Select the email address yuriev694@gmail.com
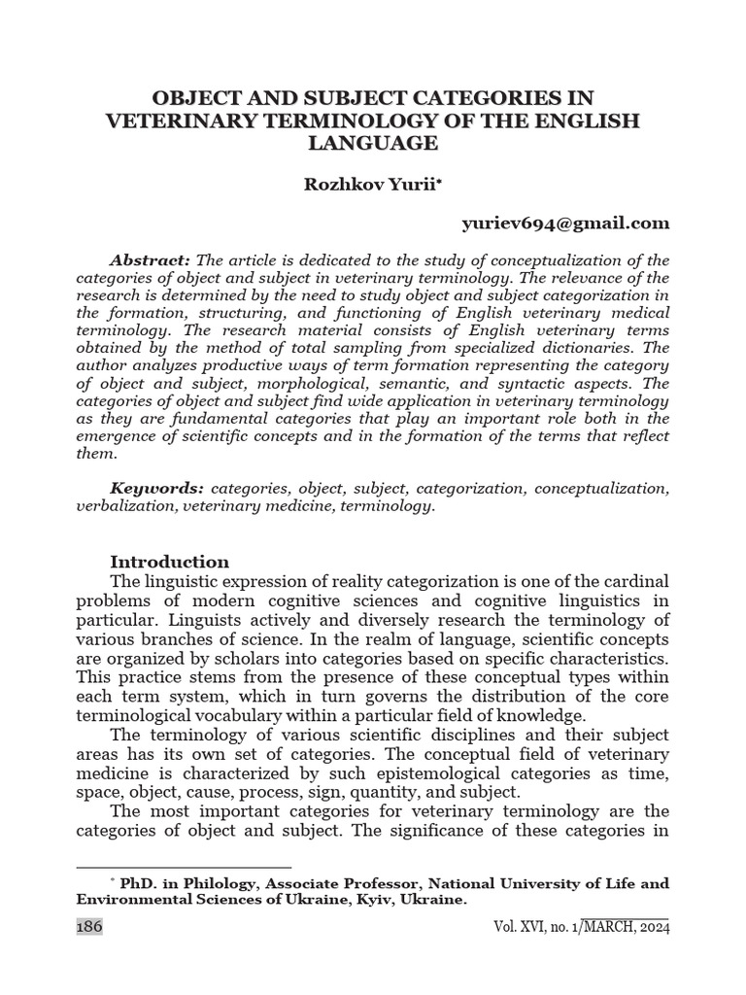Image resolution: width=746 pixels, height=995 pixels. [x=564, y=223]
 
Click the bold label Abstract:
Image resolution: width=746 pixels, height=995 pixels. [x=151, y=260]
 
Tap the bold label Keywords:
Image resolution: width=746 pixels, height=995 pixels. [x=156, y=488]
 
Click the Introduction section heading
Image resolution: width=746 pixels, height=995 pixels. [x=169, y=562]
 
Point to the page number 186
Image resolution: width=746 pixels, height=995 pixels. [x=88, y=927]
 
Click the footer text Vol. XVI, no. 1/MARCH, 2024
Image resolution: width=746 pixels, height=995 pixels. [x=581, y=927]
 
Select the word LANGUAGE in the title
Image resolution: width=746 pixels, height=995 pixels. [x=373, y=143]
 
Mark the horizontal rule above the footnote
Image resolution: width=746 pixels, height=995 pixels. [x=184, y=867]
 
